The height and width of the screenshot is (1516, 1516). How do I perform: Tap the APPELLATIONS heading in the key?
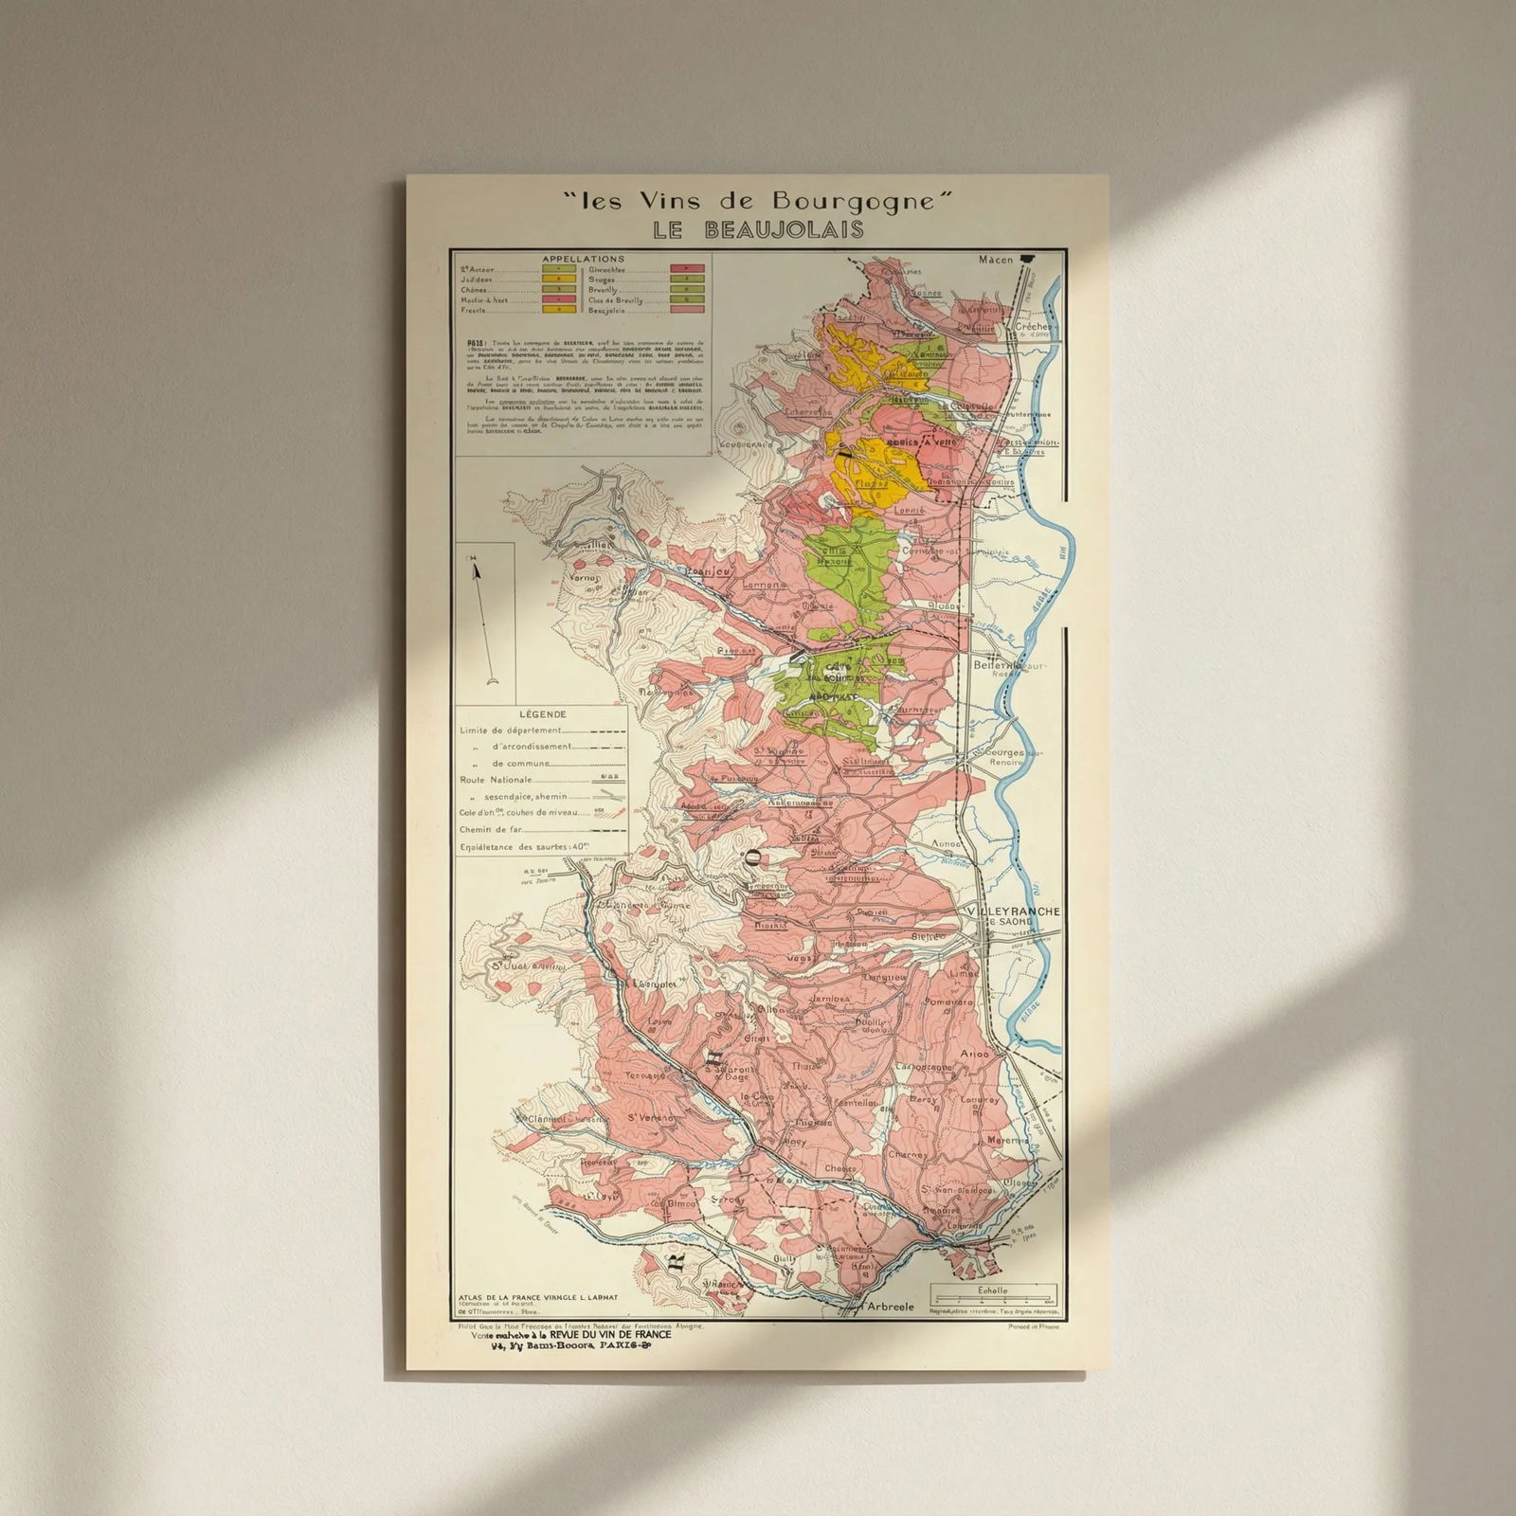click(583, 259)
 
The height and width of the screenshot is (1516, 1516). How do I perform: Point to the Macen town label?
click(996, 260)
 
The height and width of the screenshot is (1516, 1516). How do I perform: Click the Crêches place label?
click(1034, 326)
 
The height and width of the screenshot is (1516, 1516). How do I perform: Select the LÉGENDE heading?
click(543, 714)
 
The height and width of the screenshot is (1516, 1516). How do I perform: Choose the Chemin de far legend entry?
click(491, 829)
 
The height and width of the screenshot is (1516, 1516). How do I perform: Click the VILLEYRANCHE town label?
click(1013, 911)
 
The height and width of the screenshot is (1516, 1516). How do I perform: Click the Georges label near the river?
click(1005, 751)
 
